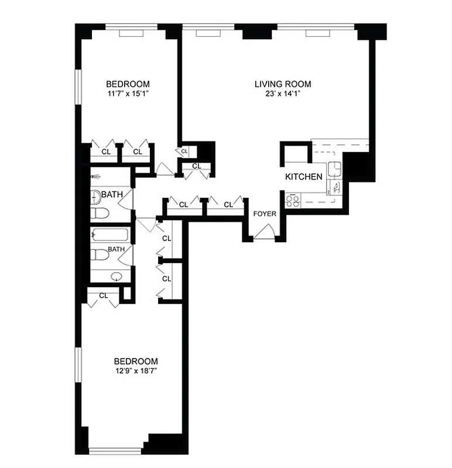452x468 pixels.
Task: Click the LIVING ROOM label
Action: pyautogui.click(x=283, y=84)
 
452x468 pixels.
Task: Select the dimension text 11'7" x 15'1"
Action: pyautogui.click(x=128, y=94)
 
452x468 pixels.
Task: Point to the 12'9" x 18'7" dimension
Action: pyautogui.click(x=136, y=371)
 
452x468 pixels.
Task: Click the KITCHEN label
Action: pyautogui.click(x=303, y=177)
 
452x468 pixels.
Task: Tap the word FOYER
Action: pyautogui.click(x=265, y=214)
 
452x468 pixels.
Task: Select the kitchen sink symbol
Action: pyautogui.click(x=335, y=169)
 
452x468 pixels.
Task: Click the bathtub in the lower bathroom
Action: pyautogui.click(x=110, y=236)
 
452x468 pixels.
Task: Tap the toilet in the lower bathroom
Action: pyautogui.click(x=100, y=256)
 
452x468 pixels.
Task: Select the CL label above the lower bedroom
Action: pyautogui.click(x=104, y=295)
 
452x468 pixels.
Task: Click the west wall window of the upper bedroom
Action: pyautogui.click(x=78, y=90)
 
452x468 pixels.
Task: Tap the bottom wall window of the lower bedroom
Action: pyautogui.click(x=115, y=450)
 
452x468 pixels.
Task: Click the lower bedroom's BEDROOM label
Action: pyautogui.click(x=136, y=361)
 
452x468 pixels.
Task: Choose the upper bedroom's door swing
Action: pyautogui.click(x=164, y=169)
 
